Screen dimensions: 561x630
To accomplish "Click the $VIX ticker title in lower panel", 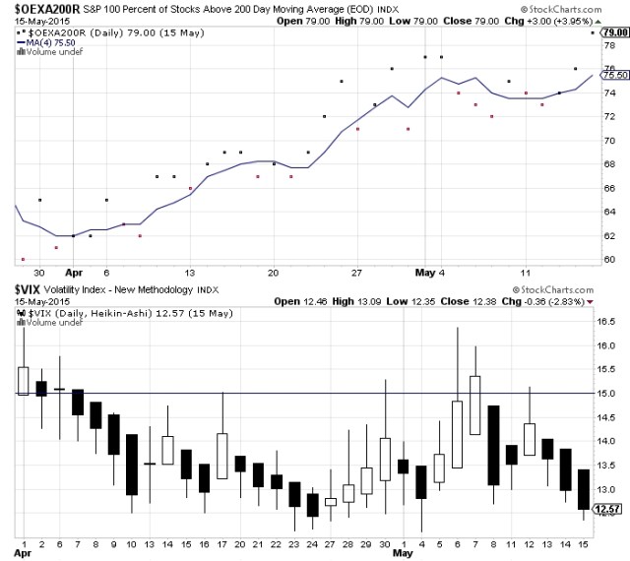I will (x=28, y=288).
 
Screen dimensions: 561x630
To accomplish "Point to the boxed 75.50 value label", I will (x=613, y=75).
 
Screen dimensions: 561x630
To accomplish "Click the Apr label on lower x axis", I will (x=22, y=553).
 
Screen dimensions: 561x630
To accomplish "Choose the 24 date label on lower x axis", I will (x=312, y=541).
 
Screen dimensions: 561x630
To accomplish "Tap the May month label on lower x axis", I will (x=404, y=553).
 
